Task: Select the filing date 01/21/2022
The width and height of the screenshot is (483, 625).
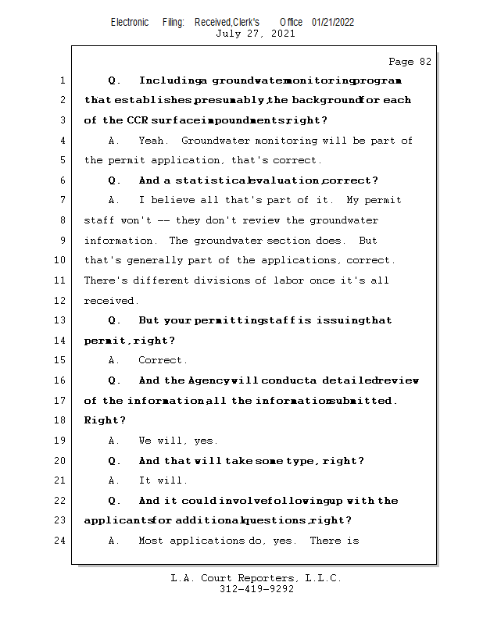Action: pyautogui.click(x=333, y=22)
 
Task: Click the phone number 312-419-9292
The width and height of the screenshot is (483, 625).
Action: pyautogui.click(x=257, y=589)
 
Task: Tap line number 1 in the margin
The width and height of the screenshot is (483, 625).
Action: pyautogui.click(x=63, y=80)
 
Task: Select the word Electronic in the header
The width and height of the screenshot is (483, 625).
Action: pyautogui.click(x=130, y=22)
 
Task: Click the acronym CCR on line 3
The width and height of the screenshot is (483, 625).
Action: pyautogui.click(x=136, y=120)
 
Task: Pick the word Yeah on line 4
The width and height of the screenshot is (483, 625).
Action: pyautogui.click(x=152, y=141)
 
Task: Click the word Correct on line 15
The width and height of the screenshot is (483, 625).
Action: pyautogui.click(x=162, y=361)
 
